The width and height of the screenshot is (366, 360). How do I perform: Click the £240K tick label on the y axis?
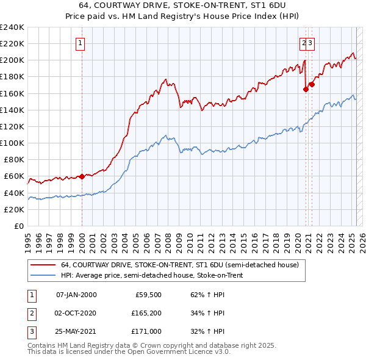tap(12, 27)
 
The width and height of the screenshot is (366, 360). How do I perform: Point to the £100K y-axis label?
tap(12, 143)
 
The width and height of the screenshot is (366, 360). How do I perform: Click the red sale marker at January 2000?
tap(82, 176)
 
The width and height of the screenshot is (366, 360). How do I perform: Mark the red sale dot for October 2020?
tap(306, 88)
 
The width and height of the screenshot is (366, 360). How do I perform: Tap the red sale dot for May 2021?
tap(312, 84)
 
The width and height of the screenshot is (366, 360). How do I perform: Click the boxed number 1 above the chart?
tap(81, 43)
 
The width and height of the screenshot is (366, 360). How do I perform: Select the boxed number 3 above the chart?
tap(310, 43)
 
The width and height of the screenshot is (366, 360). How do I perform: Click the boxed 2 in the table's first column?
tap(30, 313)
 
